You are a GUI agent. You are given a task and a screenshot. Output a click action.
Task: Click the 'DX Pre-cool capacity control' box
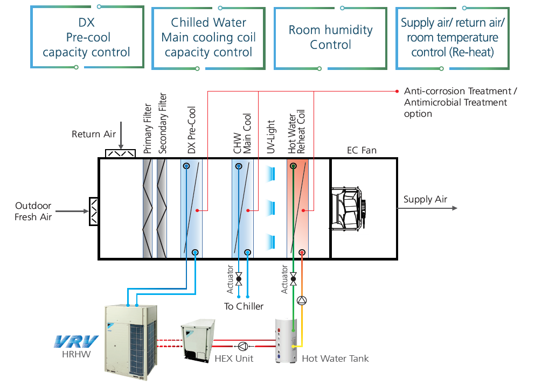point(87,38)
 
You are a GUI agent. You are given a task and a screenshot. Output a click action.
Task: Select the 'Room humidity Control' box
point(330,38)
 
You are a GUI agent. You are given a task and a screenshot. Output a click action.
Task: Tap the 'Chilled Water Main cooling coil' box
point(209,38)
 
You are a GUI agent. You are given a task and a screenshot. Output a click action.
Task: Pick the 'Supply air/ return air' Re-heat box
point(453,38)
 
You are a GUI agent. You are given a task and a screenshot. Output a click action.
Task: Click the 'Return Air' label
point(94,134)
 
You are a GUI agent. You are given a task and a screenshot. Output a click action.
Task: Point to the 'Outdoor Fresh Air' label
point(33,212)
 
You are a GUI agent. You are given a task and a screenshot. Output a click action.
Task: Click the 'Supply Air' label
point(425,200)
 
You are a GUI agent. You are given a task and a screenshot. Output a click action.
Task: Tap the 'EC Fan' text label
point(361,151)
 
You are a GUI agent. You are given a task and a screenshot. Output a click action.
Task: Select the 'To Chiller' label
point(244,306)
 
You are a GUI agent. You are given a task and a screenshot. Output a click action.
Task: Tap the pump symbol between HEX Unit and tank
point(243,346)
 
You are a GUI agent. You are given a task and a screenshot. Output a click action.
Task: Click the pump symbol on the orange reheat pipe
point(302,300)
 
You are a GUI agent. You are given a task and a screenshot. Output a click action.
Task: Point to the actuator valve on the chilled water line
point(239,279)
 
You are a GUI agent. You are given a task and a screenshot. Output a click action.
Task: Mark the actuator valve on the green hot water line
point(293,279)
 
